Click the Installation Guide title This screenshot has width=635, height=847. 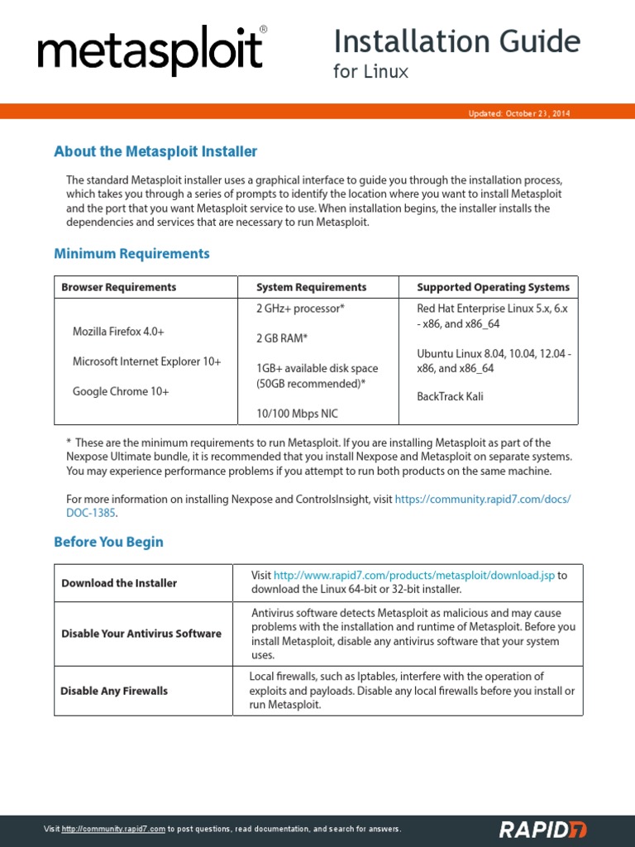tap(456, 41)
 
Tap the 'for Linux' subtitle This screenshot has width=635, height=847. tap(371, 72)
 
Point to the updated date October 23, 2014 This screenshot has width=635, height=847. tap(519, 113)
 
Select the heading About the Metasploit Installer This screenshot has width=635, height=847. tap(155, 151)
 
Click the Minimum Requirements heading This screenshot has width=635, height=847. tap(131, 253)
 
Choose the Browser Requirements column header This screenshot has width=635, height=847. tap(118, 287)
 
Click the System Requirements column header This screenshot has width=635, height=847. tap(311, 287)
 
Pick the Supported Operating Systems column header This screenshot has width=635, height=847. tap(493, 287)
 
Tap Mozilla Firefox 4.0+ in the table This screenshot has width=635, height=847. tap(118, 331)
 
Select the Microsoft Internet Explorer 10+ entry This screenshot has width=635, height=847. tap(146, 361)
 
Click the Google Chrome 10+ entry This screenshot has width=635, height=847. tap(121, 391)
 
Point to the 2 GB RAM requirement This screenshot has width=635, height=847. tap(282, 337)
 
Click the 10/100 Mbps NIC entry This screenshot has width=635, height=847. tap(297, 413)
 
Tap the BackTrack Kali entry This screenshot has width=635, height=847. tap(450, 396)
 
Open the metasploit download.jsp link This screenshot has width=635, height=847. tap(413, 575)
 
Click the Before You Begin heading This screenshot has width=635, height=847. tap(108, 542)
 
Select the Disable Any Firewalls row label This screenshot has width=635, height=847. tap(114, 691)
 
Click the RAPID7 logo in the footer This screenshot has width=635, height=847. tap(542, 829)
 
